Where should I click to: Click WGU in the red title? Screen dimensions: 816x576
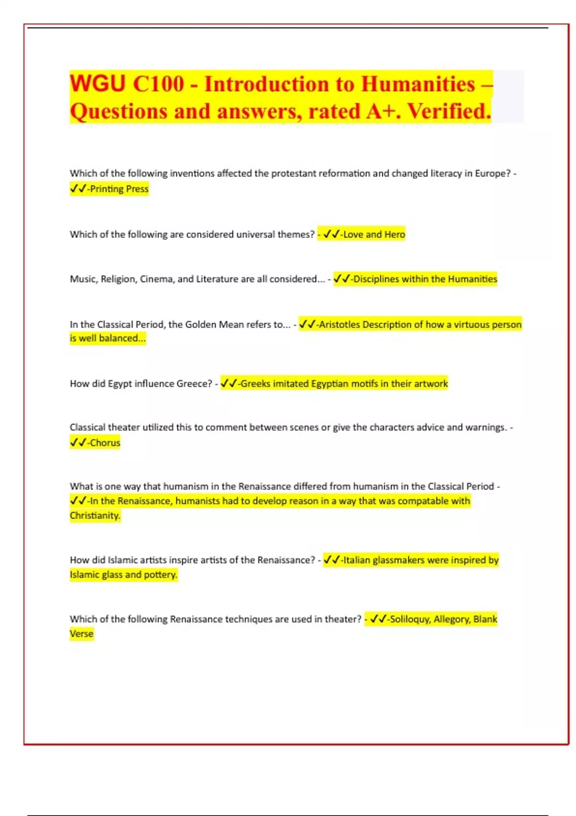tap(97, 84)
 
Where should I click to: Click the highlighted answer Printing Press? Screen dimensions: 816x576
tap(119, 189)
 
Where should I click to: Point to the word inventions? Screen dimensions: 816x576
tap(192, 173)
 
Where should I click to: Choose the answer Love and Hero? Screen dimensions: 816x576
tap(374, 234)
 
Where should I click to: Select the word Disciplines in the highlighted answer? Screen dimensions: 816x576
tap(376, 279)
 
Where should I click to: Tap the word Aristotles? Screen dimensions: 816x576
tap(339, 324)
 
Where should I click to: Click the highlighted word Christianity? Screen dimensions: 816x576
tap(95, 516)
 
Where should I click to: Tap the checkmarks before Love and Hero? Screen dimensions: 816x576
tap(331, 234)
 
